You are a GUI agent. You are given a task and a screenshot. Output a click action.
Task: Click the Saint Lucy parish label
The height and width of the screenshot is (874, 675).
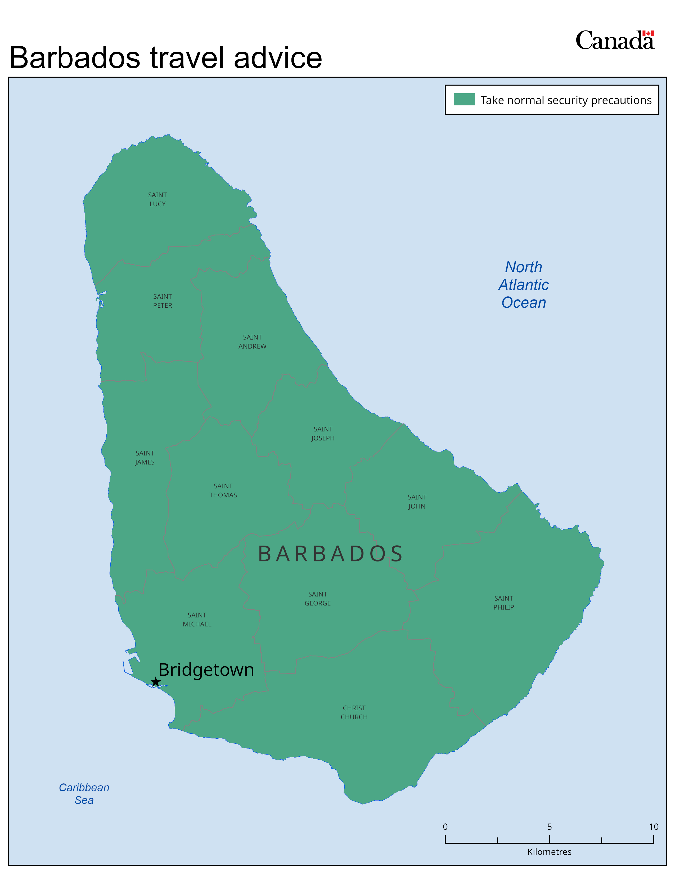tap(157, 199)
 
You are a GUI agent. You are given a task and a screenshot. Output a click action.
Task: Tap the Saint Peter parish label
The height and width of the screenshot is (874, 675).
tap(162, 301)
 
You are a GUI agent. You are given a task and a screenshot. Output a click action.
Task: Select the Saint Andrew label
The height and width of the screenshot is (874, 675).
tap(252, 342)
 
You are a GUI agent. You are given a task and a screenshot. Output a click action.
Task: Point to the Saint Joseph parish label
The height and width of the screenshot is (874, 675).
tap(323, 433)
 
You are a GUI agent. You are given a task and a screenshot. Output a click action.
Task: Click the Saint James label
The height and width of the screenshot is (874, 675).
tap(145, 457)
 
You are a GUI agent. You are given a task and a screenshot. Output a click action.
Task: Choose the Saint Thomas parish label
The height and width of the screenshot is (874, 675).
tap(223, 490)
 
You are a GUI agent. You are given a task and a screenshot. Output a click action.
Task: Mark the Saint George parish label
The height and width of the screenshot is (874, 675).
tap(317, 599)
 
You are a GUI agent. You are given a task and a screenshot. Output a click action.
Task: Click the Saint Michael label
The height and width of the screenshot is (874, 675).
tap(197, 619)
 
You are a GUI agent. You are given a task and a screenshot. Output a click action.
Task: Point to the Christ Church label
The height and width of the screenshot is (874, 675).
tap(354, 712)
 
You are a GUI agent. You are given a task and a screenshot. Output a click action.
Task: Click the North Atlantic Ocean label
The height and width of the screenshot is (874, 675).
tap(523, 284)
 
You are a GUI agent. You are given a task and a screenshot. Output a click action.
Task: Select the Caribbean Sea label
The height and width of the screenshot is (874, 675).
tap(84, 793)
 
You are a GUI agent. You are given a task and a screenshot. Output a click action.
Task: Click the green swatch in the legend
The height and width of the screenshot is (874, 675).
tap(464, 99)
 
